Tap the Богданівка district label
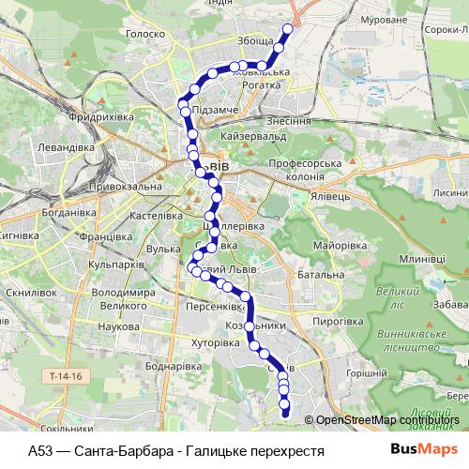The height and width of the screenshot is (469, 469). coord(37,212)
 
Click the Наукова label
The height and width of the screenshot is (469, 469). coord(118,325)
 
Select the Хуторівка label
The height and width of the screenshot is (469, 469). coord(216,343)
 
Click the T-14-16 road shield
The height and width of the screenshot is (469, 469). coord(64,375)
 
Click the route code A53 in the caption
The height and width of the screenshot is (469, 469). coord(41,450)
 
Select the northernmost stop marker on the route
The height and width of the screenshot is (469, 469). coord(288,28)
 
